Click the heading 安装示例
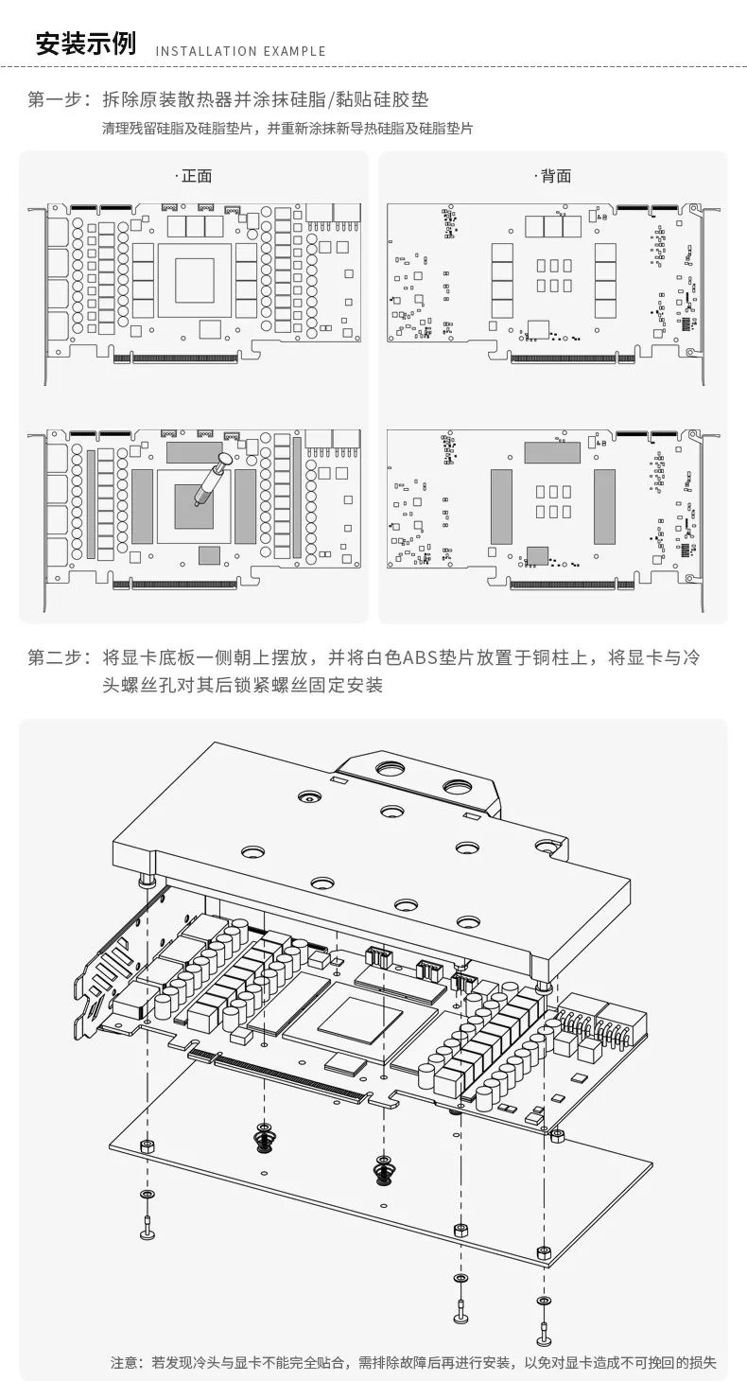click(85, 44)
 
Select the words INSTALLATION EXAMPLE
click(240, 51)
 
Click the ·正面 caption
click(194, 176)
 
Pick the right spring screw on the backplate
click(382, 1169)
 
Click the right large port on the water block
click(456, 787)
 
